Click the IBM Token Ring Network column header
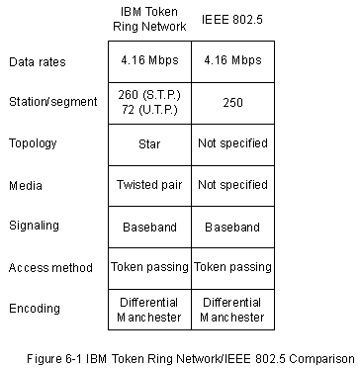click(x=149, y=19)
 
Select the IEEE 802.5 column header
click(x=232, y=20)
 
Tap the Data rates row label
click(x=38, y=62)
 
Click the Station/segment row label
click(x=53, y=102)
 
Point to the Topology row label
click(x=33, y=143)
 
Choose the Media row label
click(x=26, y=186)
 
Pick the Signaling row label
click(x=34, y=226)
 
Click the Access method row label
click(x=50, y=267)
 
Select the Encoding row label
click(x=35, y=309)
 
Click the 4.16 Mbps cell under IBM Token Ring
click(x=149, y=60)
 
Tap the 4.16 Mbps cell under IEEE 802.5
click(x=232, y=60)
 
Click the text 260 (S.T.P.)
click(x=149, y=95)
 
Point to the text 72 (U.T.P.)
click(x=149, y=110)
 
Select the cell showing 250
click(x=232, y=103)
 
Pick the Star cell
click(x=149, y=144)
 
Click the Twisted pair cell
click(x=149, y=185)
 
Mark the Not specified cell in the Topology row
click(x=232, y=143)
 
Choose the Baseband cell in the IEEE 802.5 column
click(x=232, y=228)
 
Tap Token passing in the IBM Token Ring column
click(x=149, y=267)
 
